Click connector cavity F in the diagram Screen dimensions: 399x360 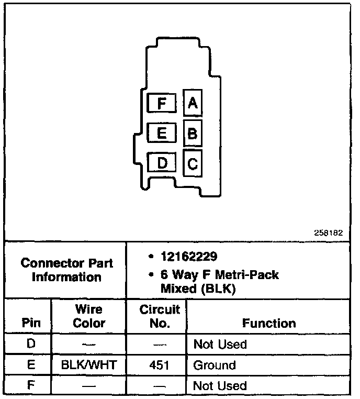162,103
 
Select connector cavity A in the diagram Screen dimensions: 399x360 193,103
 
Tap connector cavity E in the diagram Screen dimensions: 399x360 162,134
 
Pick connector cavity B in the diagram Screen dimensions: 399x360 193,134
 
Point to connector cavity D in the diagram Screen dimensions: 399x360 162,163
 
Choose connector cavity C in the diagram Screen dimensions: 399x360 193,164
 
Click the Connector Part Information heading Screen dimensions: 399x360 66,270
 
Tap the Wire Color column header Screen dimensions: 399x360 88,316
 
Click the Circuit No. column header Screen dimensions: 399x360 159,316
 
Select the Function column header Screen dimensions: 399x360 268,323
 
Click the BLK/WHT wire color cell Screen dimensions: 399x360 88,365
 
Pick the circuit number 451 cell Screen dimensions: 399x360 159,365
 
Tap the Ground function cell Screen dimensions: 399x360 215,365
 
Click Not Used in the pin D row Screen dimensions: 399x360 220,345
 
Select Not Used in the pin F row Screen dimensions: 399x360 220,386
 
